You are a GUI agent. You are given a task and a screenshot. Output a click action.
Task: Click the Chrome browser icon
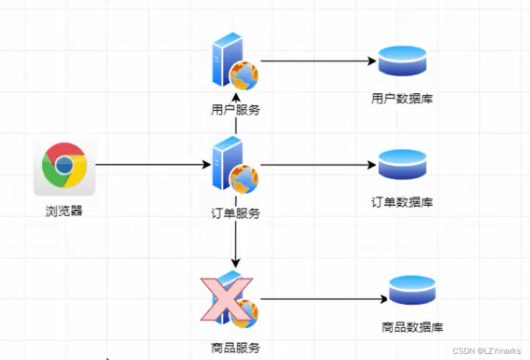[64, 166]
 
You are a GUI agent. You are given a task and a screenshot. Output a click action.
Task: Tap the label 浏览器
[64, 212]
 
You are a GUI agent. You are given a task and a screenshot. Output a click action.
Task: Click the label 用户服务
[235, 110]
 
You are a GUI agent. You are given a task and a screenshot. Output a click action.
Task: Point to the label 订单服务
[235, 213]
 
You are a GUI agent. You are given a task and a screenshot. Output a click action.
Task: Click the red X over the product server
[226, 299]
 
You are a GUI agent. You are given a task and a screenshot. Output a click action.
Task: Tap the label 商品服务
[235, 348]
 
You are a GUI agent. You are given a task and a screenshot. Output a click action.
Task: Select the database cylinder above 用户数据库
[402, 61]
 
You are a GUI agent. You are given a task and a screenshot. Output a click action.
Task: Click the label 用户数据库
[402, 98]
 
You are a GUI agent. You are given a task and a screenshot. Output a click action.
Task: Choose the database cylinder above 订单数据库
[402, 164]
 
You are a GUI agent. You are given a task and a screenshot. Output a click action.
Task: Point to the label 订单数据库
[402, 202]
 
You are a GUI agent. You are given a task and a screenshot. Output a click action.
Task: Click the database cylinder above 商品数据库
[412, 290]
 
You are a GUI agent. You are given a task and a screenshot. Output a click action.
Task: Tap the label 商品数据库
[412, 327]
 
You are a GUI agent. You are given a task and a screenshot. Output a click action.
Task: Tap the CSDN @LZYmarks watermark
[486, 350]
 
